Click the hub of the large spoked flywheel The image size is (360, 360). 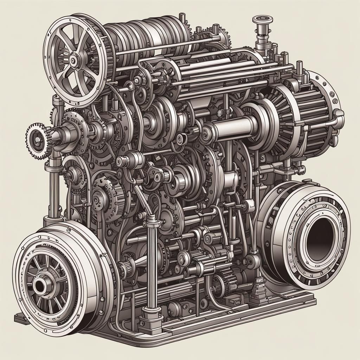[x=73, y=60]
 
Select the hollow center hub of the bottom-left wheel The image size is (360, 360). [x=39, y=285]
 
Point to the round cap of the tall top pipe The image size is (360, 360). [x=261, y=18]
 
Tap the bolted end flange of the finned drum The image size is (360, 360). [x=330, y=105]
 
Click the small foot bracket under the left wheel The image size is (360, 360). [x=21, y=318]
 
